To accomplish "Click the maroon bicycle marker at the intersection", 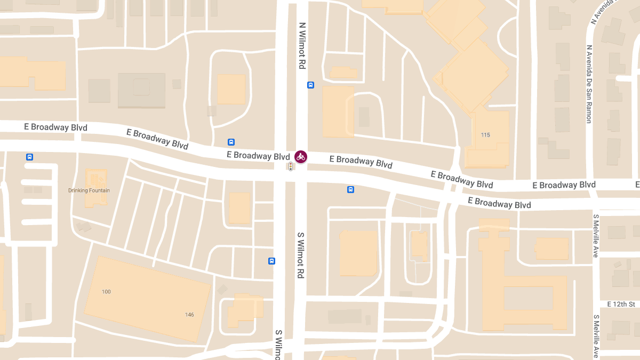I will pos(301,157).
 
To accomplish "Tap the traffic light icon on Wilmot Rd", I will pos(291,167).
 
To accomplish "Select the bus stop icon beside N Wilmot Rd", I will pos(310,85).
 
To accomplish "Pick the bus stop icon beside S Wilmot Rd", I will pos(271,261).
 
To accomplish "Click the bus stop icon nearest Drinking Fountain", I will pos(29,157).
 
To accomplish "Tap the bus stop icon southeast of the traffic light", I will pos(350,189).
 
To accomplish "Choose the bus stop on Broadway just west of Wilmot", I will pos(231,142).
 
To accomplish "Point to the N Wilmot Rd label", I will pos(302,45).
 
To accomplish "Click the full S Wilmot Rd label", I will pos(300,255).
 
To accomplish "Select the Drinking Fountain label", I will pos(89,190).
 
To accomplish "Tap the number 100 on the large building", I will pos(106,292).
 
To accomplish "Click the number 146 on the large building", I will pos(189,315).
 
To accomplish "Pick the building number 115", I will pos(485,135).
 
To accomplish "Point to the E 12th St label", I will pos(621,304).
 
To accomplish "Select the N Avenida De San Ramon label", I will pos(589,84).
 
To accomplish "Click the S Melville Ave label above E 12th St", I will pos(596,236).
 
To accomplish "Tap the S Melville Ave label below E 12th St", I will pos(596,336).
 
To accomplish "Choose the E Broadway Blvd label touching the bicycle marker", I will pos(258,156).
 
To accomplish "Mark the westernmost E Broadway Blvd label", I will pos(55,127).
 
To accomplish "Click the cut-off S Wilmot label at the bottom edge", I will pos(278,345).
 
